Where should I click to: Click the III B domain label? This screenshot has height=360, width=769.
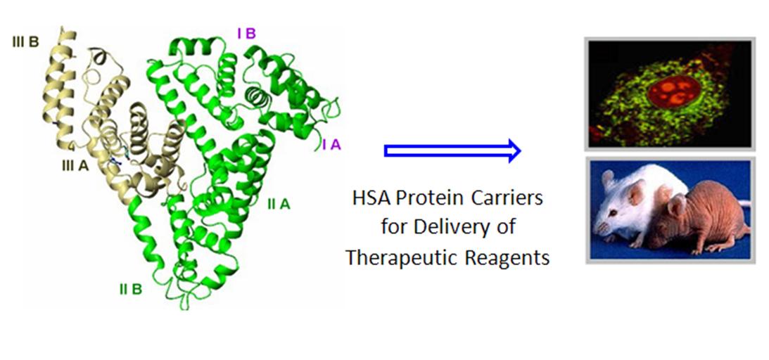click(25, 42)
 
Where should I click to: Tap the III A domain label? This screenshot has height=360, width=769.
click(75, 166)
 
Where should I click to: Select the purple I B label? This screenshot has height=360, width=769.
click(246, 33)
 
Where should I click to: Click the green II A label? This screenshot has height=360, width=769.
click(279, 204)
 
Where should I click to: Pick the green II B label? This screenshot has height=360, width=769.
click(130, 290)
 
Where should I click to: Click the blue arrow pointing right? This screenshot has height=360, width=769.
click(452, 151)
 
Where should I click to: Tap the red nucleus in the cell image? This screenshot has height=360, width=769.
click(673, 91)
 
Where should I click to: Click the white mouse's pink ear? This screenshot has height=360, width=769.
click(637, 191)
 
